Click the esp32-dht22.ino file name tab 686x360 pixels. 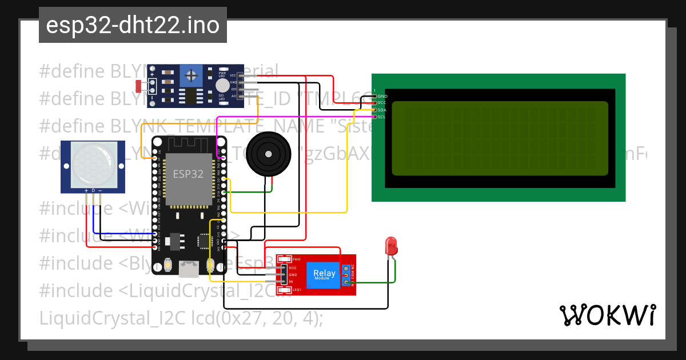click(133, 25)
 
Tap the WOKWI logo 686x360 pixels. click(607, 315)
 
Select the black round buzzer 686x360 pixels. click(266, 153)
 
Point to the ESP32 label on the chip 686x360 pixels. click(188, 174)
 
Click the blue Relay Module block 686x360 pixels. click(325, 274)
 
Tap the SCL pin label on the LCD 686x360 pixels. click(381, 117)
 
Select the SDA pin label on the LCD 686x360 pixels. click(382, 110)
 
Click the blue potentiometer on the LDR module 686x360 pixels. click(190, 74)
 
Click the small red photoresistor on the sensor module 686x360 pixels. click(138, 86)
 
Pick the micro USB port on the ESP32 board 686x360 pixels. click(189, 269)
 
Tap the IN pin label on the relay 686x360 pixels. click(292, 282)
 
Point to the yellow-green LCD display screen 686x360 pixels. click(500, 138)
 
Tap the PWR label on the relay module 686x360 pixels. click(296, 259)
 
